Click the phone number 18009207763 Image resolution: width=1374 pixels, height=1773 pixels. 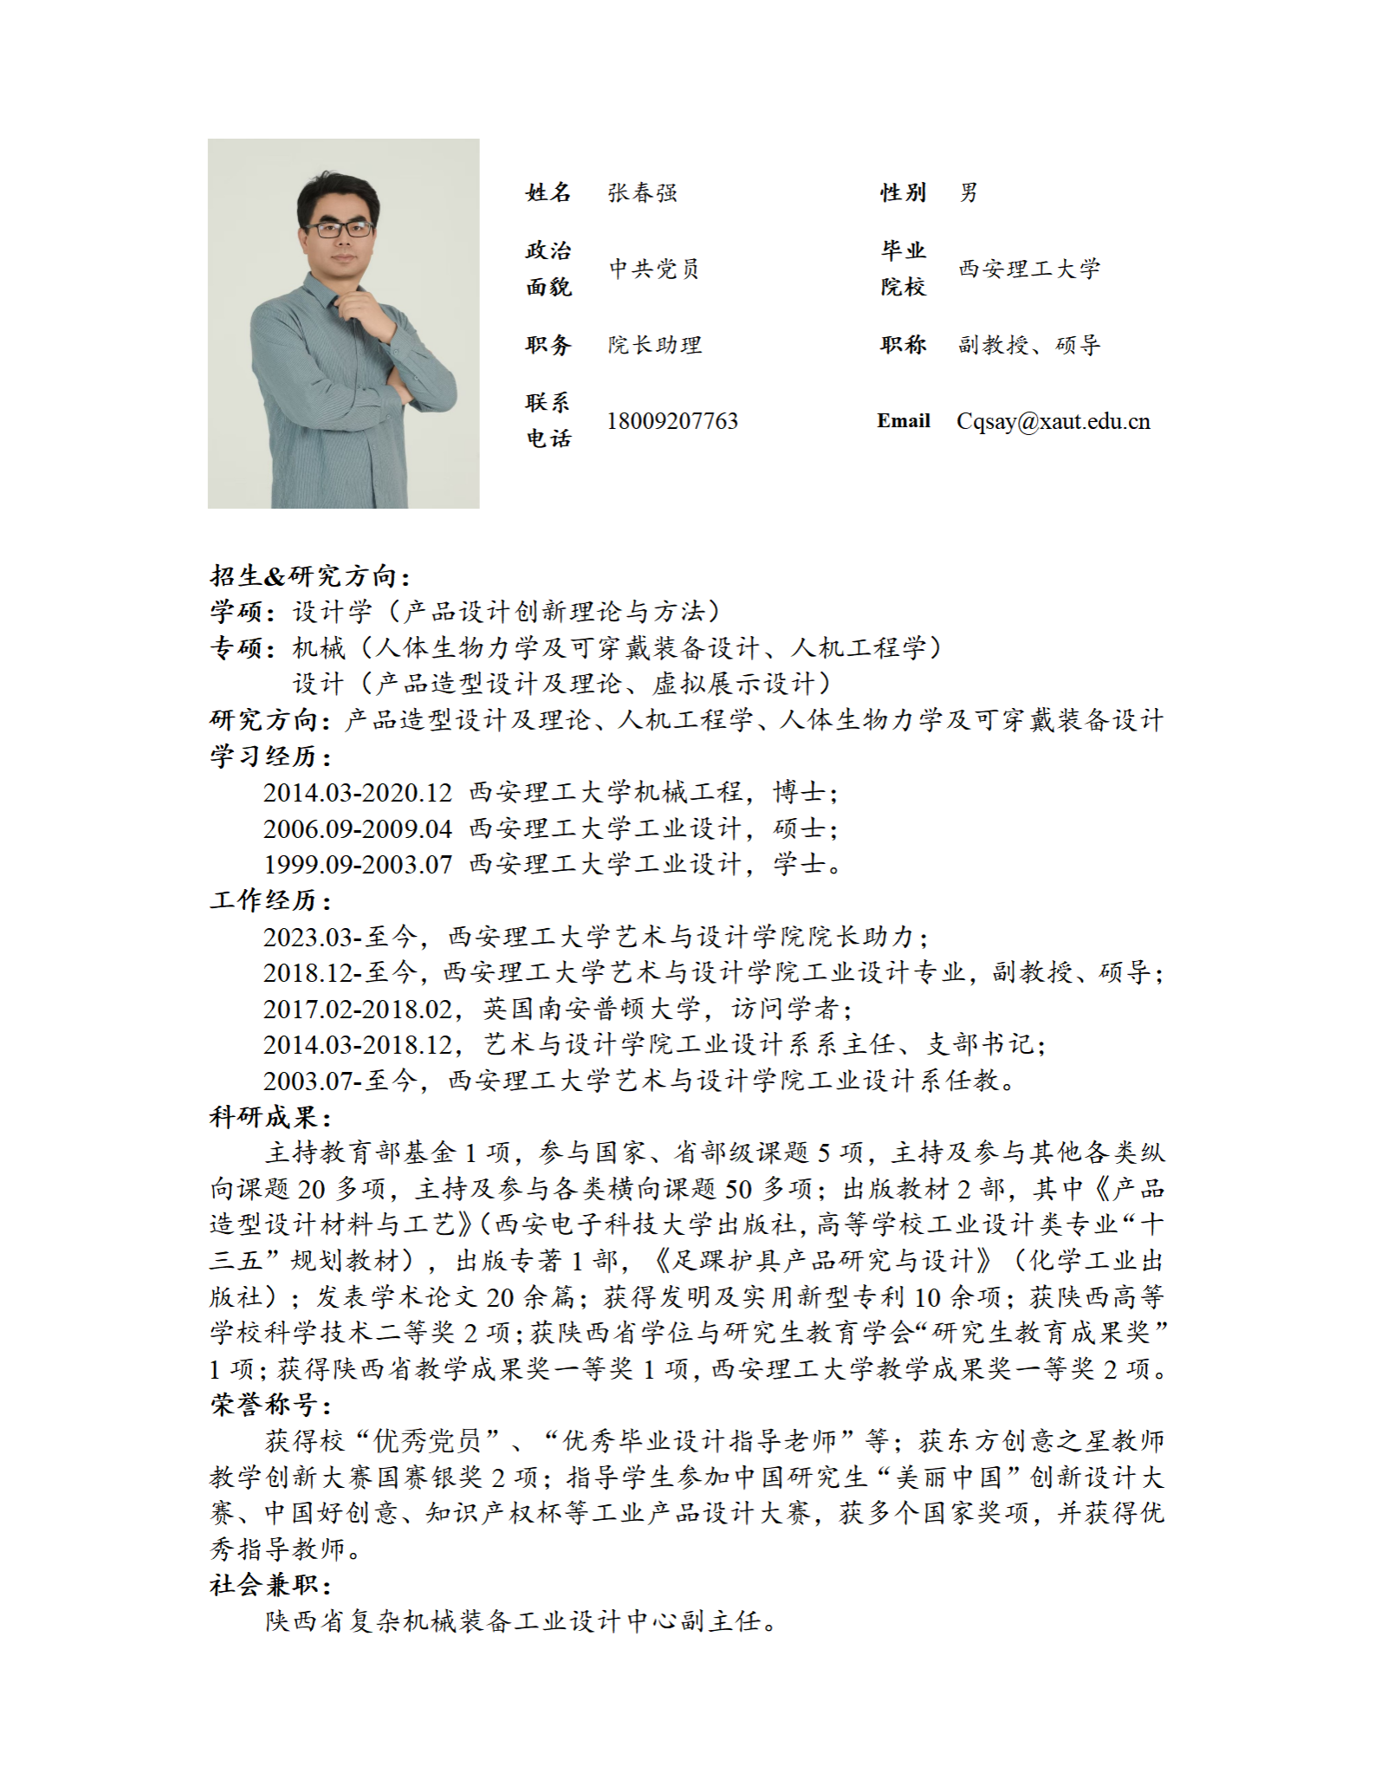tap(672, 421)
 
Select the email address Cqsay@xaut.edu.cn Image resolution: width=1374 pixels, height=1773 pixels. tap(1053, 421)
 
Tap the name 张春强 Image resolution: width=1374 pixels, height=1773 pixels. tap(642, 192)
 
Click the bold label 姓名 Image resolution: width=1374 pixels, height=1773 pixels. tap(548, 192)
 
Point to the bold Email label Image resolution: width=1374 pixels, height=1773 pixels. tap(903, 421)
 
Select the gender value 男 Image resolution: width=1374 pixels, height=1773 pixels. tap(969, 192)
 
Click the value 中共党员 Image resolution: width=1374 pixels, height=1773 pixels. tap(654, 269)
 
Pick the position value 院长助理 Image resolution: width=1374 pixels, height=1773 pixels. tap(654, 345)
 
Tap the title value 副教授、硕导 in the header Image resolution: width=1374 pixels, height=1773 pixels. tap(1028, 345)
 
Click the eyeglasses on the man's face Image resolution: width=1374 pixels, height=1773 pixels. tap(340, 230)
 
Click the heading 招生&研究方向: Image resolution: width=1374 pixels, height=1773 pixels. tap(310, 576)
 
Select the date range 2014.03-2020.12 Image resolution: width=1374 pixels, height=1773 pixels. tap(358, 792)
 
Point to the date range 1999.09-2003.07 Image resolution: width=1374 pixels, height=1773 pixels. tap(358, 864)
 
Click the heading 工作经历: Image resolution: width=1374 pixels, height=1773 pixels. tap(270, 900)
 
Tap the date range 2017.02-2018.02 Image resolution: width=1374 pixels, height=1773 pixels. tap(358, 1009)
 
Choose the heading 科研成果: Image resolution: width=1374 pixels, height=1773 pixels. tap(270, 1116)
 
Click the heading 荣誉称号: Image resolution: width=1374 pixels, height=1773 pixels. tap(270, 1405)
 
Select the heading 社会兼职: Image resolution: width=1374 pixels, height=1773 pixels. tap(270, 1585)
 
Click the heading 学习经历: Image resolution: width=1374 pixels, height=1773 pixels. tap(270, 757)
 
